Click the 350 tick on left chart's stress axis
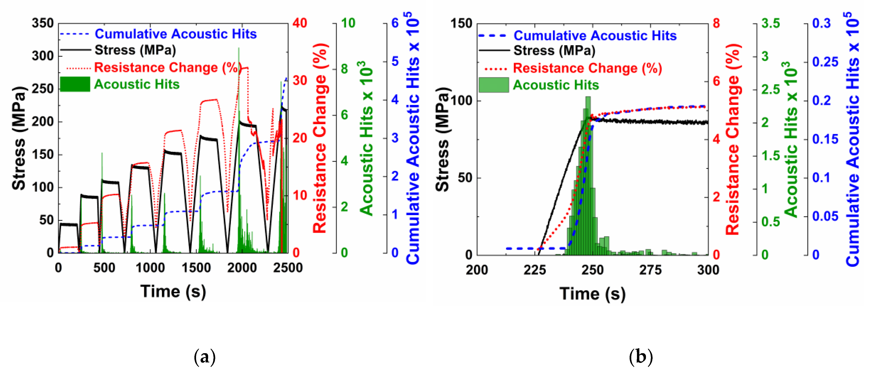[43, 24]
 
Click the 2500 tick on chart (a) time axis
[288, 268]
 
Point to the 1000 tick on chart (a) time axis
[150, 268]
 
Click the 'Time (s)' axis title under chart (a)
[173, 291]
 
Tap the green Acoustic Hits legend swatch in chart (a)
[75, 84]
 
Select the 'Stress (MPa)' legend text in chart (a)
[135, 50]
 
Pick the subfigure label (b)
[641, 357]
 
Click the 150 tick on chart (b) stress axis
[461, 24]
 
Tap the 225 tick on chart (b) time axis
[535, 270]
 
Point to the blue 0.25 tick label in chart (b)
[825, 62]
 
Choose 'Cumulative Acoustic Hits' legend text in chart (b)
[595, 36]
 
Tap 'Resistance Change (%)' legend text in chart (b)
[587, 68]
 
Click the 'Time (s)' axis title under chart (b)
[592, 294]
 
